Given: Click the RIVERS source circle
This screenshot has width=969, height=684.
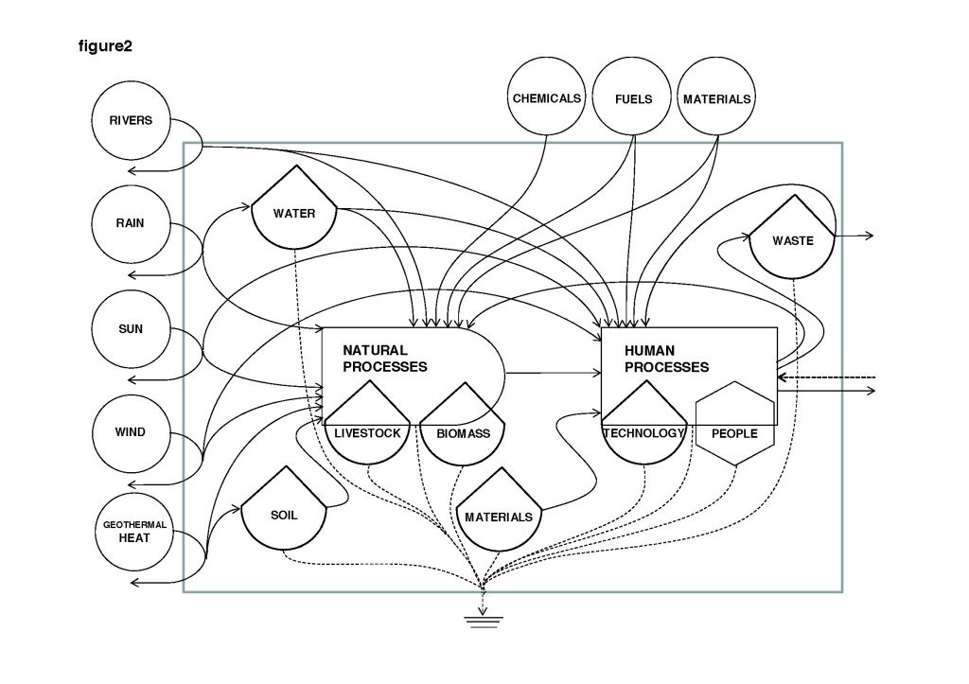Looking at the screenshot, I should click(x=131, y=121).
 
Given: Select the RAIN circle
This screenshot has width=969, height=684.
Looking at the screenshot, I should click(x=131, y=224).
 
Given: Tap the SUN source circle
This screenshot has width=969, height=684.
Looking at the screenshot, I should click(x=131, y=329).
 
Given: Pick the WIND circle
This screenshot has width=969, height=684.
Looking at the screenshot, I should click(x=131, y=432).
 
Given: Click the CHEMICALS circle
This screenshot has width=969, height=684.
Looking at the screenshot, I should click(x=547, y=98).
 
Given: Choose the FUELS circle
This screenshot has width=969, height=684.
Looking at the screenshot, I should click(x=633, y=98).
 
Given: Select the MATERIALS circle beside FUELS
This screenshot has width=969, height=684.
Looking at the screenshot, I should click(x=717, y=98).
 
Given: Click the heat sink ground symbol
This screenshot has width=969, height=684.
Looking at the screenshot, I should click(x=483, y=621).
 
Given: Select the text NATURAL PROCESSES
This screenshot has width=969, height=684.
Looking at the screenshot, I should click(x=385, y=359).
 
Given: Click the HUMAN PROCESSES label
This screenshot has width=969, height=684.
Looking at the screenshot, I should click(x=666, y=359).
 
